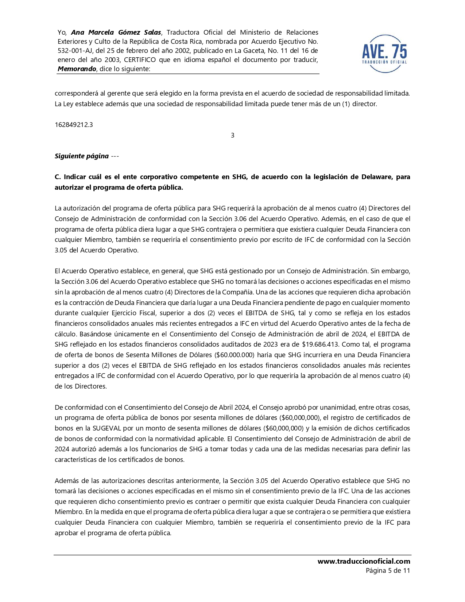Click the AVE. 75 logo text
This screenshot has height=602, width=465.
[384, 51]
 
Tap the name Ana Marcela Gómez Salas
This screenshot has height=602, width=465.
[116, 32]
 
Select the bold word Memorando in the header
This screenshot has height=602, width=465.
[77, 69]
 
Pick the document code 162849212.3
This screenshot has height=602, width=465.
[74, 125]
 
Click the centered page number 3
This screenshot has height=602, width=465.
[232, 135]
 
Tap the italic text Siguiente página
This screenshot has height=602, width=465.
[82, 156]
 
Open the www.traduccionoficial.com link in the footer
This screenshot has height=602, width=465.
[364, 562]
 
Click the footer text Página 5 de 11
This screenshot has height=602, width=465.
[388, 571]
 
